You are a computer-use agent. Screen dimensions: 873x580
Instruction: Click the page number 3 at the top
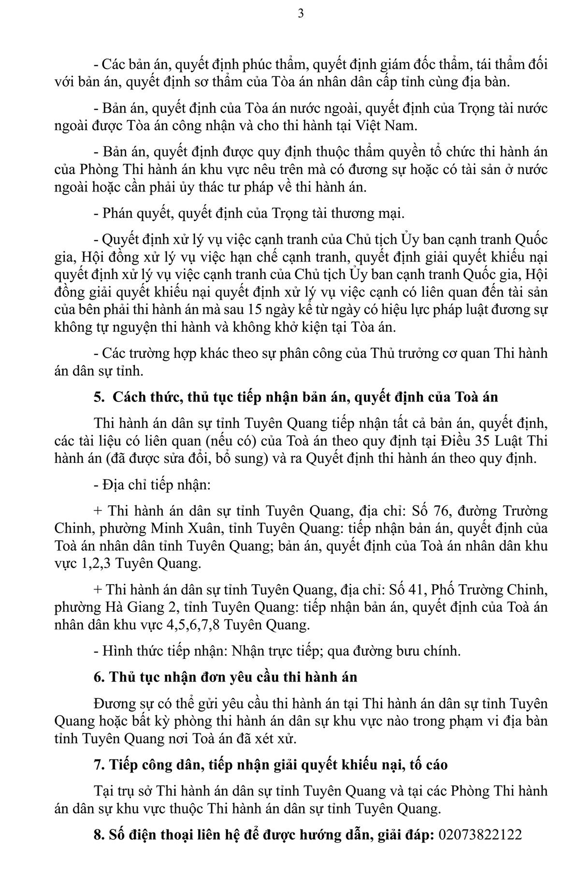[301, 14]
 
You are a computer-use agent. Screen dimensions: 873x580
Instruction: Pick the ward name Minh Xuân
[188, 529]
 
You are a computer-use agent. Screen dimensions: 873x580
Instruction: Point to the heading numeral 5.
[99, 397]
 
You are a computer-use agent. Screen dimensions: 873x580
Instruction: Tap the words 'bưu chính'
[433, 651]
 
